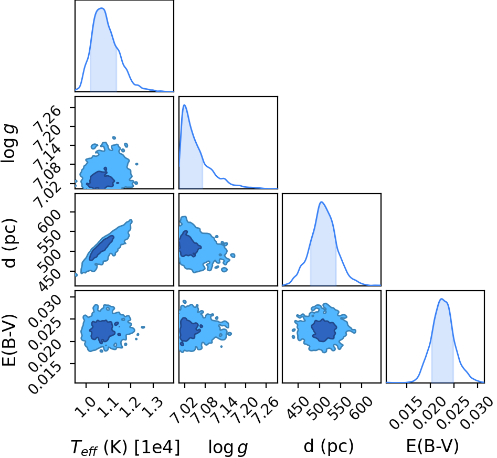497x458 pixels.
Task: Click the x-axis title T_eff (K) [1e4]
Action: click(125, 447)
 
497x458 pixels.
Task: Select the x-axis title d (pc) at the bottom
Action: click(329, 446)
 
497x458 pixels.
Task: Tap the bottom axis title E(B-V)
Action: click(432, 446)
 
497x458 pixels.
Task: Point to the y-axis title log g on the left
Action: click(9, 143)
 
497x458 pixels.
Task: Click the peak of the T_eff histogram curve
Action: click(101, 8)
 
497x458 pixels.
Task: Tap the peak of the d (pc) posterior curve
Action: click(322, 202)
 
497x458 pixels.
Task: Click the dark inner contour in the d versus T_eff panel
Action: click(101, 248)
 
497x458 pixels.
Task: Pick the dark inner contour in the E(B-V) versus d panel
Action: click(324, 331)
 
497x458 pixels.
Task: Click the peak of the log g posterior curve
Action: click(185, 105)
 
